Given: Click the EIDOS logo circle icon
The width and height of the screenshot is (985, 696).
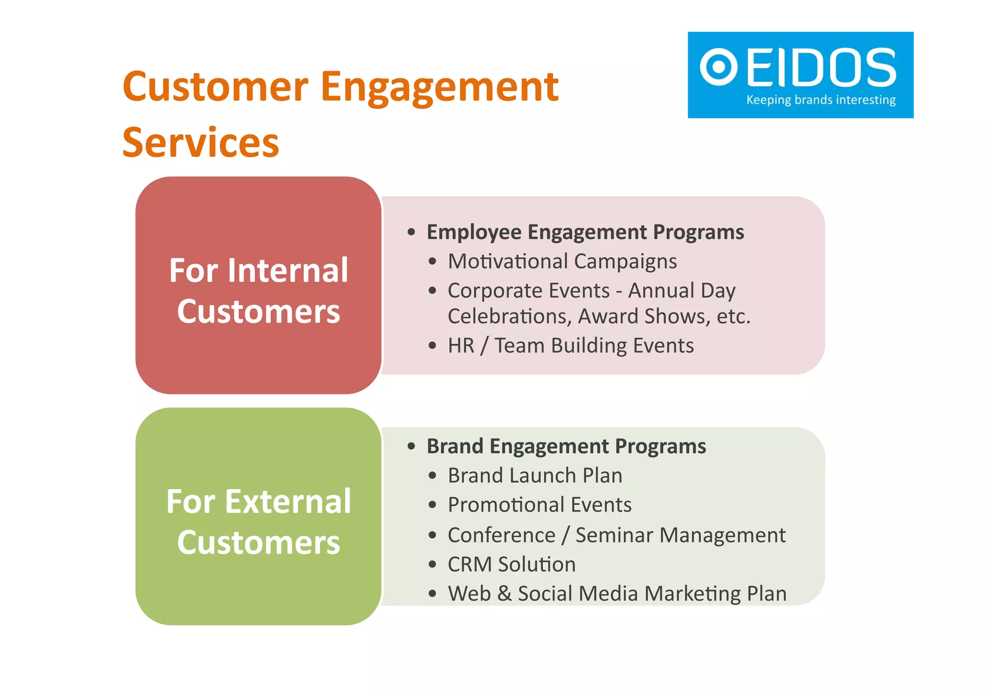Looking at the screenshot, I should coord(719,67).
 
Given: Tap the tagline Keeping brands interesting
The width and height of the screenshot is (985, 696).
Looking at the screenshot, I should coord(821,100).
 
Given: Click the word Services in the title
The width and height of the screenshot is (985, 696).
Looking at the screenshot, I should coord(201,142).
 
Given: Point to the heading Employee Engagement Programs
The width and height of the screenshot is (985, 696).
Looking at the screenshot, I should coord(585,232).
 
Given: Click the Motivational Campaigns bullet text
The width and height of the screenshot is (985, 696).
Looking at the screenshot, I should coord(562,262).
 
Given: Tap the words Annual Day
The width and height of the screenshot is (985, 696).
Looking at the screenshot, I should coord(682,291).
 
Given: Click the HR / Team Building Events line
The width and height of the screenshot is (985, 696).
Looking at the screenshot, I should coord(570,345).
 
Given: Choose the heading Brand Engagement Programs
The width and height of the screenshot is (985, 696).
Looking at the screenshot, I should coord(566,446).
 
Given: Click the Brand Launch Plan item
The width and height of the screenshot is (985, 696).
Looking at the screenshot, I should coord(535,475).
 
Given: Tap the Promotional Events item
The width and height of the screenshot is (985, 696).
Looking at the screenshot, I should coord(539,505).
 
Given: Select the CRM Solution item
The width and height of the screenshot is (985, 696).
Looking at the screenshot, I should coord(511,564).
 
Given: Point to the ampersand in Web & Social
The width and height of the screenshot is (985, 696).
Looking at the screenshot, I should coord(504,594).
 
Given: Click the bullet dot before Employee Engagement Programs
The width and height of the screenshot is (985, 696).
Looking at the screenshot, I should coord(411,232).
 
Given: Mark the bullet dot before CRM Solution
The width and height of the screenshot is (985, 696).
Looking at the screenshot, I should coord(432,564).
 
